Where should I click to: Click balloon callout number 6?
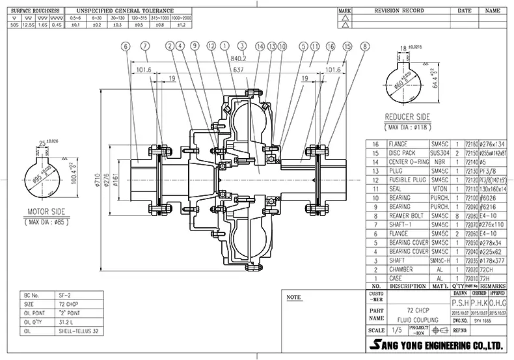coord(125,46)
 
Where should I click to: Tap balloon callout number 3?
coord(241,46)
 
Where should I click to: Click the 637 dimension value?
coord(239,69)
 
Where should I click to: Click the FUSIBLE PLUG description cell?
coord(408,178)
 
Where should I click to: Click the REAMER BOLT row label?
coord(407,214)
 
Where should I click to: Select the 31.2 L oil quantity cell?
coord(68,320)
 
